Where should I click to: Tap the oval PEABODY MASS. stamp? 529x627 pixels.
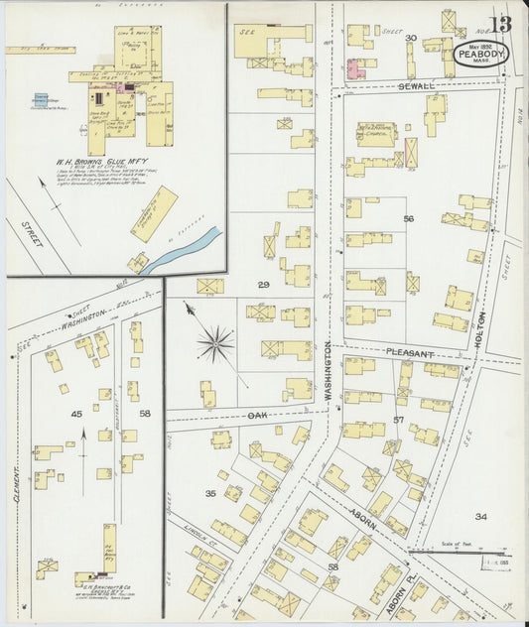pyautogui.click(x=481, y=55)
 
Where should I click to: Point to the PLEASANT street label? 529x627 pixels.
pyautogui.click(x=410, y=352)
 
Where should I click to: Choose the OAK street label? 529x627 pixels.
pyautogui.click(x=257, y=415)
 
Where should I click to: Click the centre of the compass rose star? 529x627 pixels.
pyautogui.click(x=214, y=344)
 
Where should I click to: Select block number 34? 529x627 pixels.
pyautogui.click(x=480, y=516)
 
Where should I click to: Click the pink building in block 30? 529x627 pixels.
pyautogui.click(x=354, y=67)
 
